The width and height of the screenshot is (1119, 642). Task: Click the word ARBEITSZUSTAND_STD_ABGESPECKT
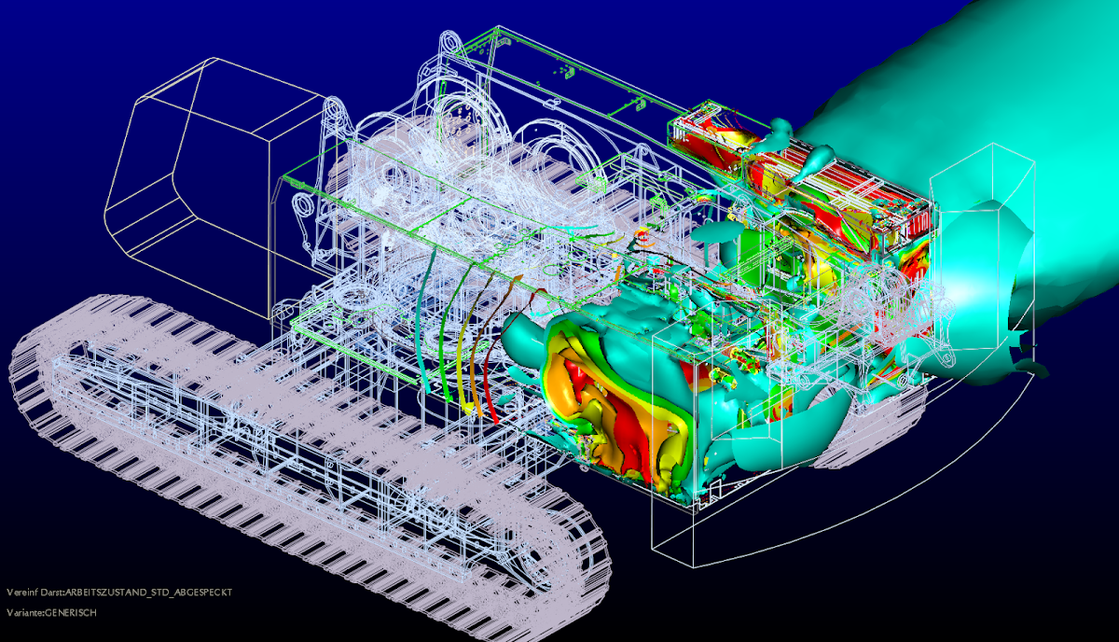[149, 593]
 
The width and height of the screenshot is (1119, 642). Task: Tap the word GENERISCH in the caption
[71, 612]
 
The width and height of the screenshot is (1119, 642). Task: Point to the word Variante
[24, 612]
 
